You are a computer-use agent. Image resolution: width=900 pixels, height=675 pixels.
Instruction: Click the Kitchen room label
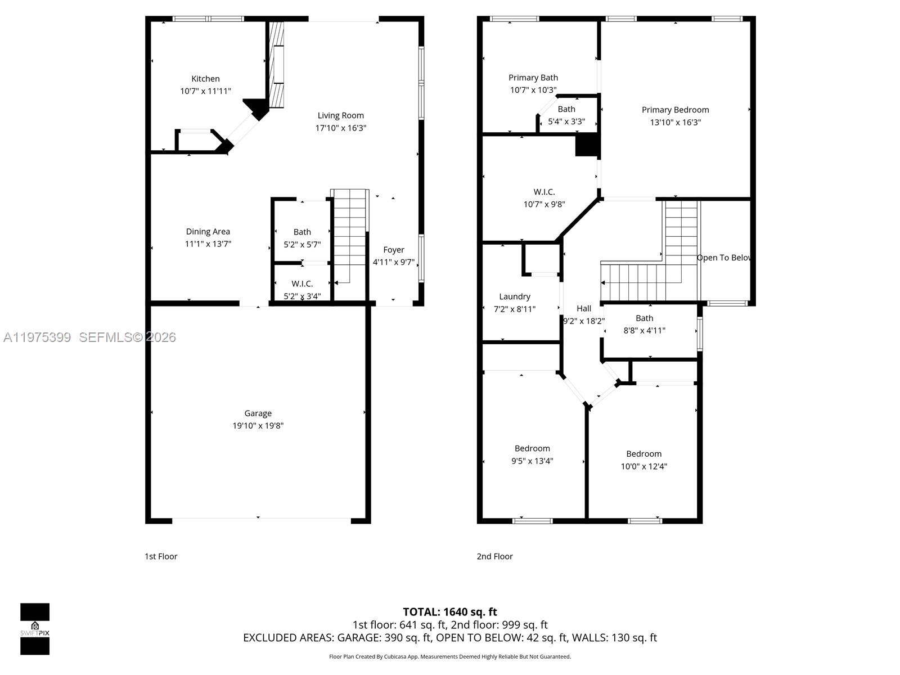(x=205, y=79)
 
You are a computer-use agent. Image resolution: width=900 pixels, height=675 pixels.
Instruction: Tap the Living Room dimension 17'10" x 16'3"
(x=340, y=128)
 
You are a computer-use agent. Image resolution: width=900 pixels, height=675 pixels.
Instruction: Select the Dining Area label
(x=208, y=231)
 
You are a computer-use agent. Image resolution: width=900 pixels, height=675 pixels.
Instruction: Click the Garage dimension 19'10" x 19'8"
(x=258, y=426)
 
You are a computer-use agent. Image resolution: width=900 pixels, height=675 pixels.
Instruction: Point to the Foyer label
(x=393, y=250)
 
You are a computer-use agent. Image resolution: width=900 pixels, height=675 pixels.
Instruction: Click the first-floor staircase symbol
(x=349, y=236)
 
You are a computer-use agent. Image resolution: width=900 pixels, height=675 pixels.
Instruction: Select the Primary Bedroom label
(x=675, y=110)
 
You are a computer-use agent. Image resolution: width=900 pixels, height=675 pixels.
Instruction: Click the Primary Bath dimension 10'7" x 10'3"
(x=533, y=90)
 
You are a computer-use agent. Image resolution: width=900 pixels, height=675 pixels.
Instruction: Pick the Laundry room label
(x=514, y=296)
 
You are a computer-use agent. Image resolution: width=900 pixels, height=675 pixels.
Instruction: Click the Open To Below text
(x=723, y=258)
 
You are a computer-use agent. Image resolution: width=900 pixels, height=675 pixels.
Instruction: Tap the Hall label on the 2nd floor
(x=584, y=308)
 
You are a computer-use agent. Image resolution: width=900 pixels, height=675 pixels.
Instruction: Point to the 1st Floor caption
(x=161, y=556)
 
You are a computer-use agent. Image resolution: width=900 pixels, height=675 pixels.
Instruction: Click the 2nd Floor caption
(x=494, y=556)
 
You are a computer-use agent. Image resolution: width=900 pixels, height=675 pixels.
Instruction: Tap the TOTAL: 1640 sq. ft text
(x=449, y=612)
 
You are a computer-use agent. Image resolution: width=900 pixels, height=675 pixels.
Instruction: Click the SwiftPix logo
(x=35, y=629)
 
